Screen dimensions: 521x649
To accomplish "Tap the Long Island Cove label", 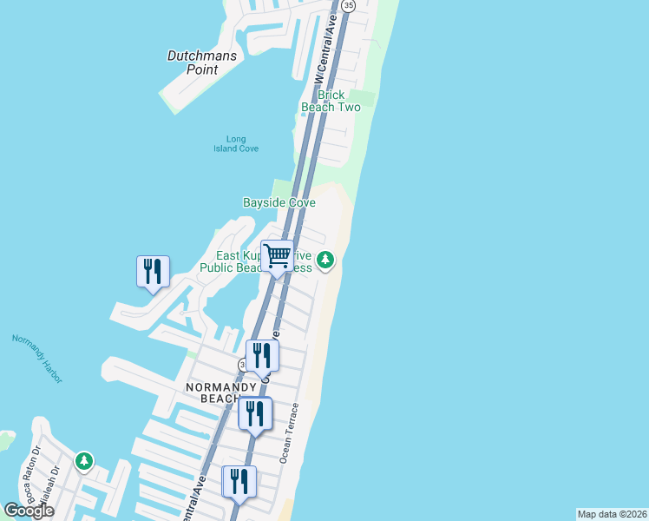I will (230, 143).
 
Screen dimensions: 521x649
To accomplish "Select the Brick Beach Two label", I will (331, 101).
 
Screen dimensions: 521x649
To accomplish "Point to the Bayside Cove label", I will (279, 202).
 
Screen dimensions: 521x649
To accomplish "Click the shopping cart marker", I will (277, 256).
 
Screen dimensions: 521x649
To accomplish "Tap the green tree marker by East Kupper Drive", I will (325, 260).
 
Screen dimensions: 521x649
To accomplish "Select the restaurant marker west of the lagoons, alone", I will (153, 272).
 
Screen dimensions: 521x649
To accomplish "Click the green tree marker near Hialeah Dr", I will (83, 460).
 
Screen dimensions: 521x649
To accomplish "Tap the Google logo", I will (29, 511).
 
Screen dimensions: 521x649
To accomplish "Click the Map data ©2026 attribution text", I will (612, 514).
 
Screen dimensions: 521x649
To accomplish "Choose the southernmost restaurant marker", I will (239, 483).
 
